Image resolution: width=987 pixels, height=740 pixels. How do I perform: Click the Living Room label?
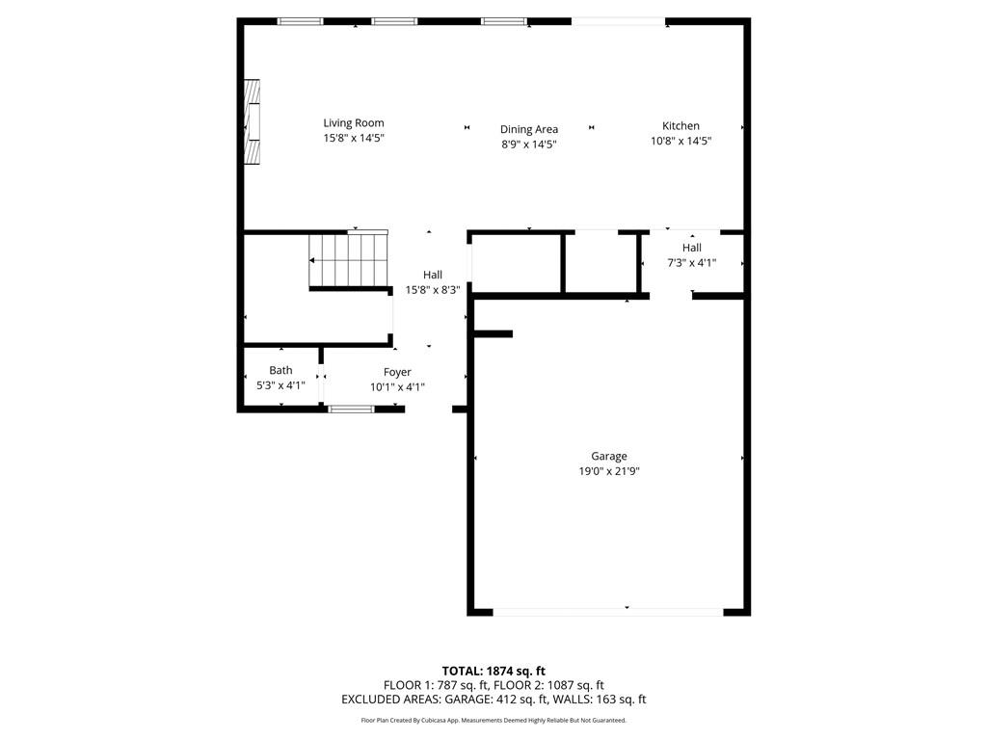pyautogui.click(x=354, y=122)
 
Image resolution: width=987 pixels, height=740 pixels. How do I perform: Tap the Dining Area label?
pyautogui.click(x=528, y=129)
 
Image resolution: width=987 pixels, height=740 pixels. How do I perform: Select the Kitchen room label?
pyautogui.click(x=680, y=126)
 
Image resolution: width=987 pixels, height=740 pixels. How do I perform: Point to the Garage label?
pyautogui.click(x=609, y=457)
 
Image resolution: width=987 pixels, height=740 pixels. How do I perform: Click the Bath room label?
pyautogui.click(x=280, y=370)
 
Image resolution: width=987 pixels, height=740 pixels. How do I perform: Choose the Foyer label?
pyautogui.click(x=397, y=372)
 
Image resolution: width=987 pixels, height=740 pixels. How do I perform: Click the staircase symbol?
pyautogui.click(x=348, y=260)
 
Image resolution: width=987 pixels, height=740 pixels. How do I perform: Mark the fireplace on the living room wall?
pyautogui.click(x=252, y=122)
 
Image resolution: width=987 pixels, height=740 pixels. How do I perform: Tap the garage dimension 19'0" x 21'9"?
pyautogui.click(x=609, y=471)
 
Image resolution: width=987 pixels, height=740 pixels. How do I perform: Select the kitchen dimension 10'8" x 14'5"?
pyautogui.click(x=680, y=141)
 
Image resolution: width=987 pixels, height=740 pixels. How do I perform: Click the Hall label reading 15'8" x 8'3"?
pyautogui.click(x=433, y=289)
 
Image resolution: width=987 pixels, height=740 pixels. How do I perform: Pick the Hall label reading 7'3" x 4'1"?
pyautogui.click(x=692, y=262)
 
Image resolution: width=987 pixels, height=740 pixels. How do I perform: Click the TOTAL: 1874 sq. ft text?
pyautogui.click(x=493, y=671)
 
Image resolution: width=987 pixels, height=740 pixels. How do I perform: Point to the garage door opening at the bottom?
pyautogui.click(x=608, y=611)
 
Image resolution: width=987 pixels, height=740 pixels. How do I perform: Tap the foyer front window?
pyautogui.click(x=351, y=410)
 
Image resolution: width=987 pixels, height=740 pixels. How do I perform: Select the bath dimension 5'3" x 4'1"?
pyautogui.click(x=280, y=385)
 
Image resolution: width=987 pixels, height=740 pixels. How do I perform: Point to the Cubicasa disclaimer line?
pyautogui.click(x=493, y=720)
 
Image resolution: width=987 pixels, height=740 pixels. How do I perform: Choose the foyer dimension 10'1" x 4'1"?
pyautogui.click(x=397, y=387)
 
